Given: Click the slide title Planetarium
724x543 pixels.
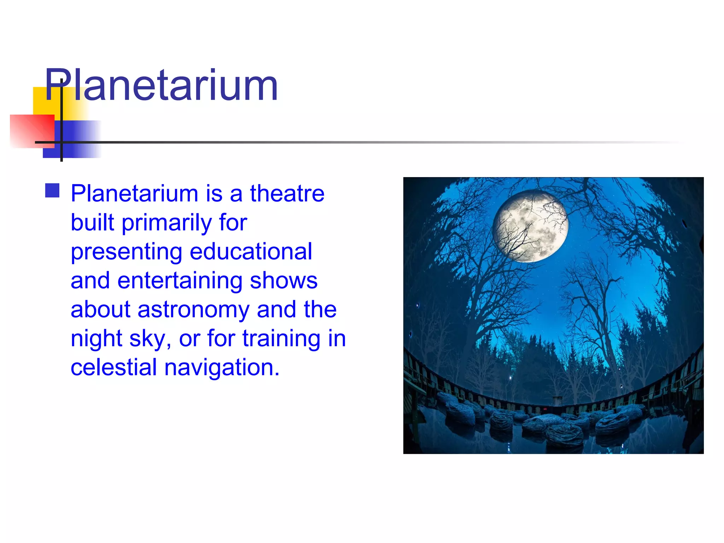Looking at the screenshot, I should [x=161, y=86].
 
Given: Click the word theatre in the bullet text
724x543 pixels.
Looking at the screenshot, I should [x=287, y=194].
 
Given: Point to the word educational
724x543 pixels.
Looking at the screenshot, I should [x=251, y=252].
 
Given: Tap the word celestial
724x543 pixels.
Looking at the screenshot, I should [x=113, y=367].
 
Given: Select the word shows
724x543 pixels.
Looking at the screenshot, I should [x=284, y=281].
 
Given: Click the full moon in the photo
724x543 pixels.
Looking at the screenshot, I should [x=530, y=226].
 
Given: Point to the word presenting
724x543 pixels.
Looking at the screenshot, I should [x=127, y=252].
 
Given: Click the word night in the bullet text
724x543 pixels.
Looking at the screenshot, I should [x=97, y=339].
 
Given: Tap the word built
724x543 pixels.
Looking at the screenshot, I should [x=93, y=223].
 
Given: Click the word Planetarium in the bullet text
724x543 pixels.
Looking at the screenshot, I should [x=134, y=194].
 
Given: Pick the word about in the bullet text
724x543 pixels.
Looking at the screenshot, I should [x=101, y=310].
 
